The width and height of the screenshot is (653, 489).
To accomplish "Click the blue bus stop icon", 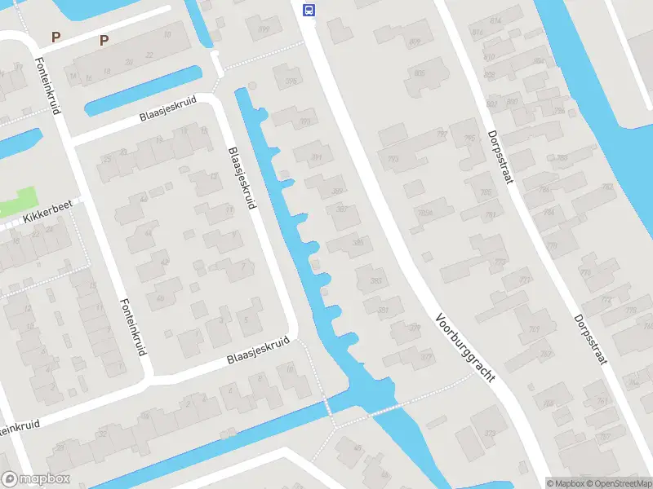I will pyautogui.click(x=309, y=10).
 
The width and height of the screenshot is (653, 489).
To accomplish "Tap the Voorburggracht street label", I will pyautogui.click(x=465, y=350).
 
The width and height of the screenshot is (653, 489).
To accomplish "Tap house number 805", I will pyautogui.click(x=420, y=74).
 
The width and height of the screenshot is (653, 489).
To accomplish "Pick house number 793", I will pyautogui.click(x=394, y=158).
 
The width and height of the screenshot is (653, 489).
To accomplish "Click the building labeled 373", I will pyautogui.click(x=489, y=433).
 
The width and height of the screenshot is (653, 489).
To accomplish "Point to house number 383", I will pyautogui.click(x=375, y=280).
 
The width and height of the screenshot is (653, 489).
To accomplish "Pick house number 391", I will pyautogui.click(x=317, y=158).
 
